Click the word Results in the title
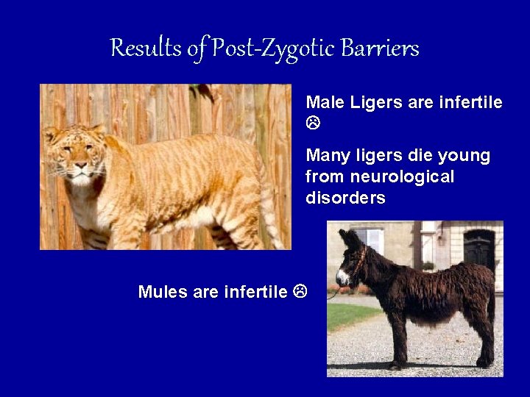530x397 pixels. tap(146, 49)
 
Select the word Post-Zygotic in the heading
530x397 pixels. tap(274, 49)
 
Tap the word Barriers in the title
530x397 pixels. tap(380, 49)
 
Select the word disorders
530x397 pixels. tap(345, 198)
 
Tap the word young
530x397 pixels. tap(462, 156)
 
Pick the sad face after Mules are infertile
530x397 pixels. tap(300, 292)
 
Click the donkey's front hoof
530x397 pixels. tap(395, 365)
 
